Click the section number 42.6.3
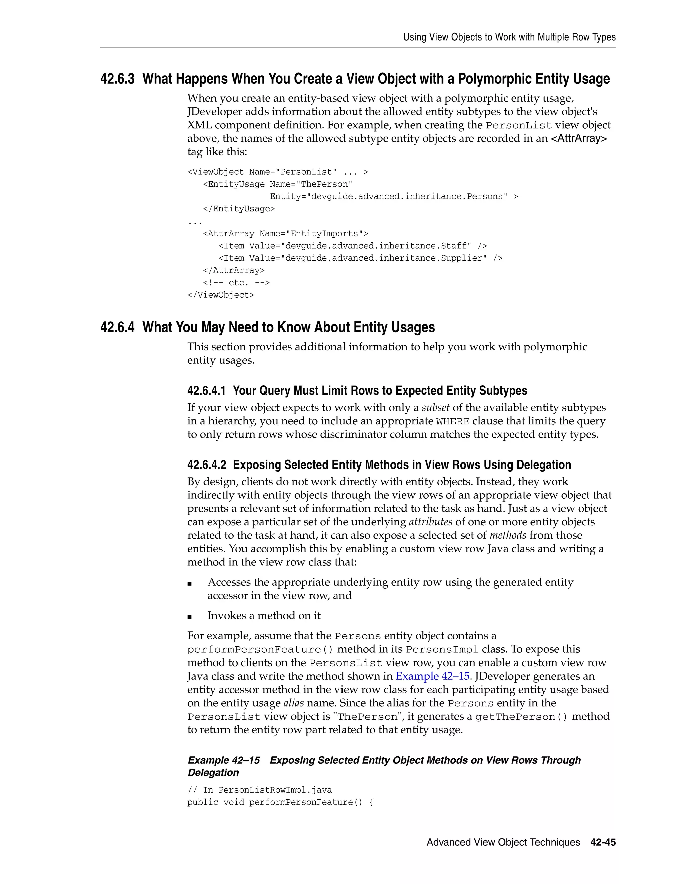117,79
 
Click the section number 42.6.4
117,327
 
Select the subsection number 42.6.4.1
206,391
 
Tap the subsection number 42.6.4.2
207,465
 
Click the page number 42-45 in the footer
603,842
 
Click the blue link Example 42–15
432,676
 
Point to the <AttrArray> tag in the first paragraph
579,138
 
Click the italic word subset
435,408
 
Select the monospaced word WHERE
453,421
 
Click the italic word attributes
431,522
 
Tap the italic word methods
508,535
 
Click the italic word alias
293,703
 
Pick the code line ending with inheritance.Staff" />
353,246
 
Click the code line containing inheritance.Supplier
360,258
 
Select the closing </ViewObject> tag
221,295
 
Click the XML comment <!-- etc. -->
236,283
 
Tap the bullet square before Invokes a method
190,617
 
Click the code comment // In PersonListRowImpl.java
259,790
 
